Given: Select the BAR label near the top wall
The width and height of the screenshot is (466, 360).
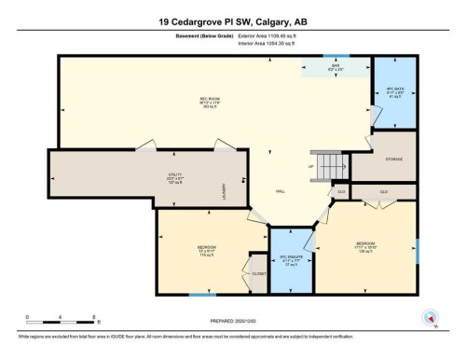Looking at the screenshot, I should (335, 67).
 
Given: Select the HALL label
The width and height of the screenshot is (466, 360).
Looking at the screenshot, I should (280, 191).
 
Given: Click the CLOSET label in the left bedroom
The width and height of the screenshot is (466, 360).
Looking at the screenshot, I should (259, 273).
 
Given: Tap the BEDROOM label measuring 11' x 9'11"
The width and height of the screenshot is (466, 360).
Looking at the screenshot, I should (207, 251).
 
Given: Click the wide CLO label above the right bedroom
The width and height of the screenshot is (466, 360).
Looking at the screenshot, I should (383, 190).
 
